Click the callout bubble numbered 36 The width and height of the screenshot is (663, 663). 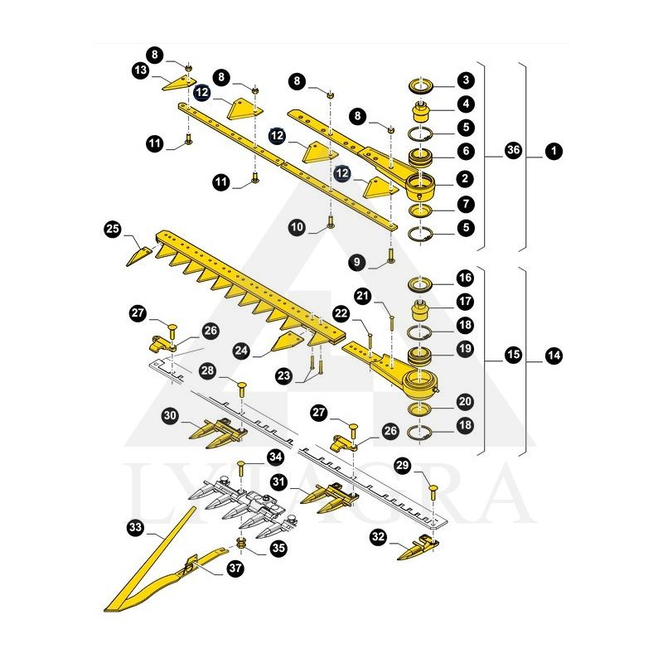click(x=513, y=150)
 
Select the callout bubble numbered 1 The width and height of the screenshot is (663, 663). click(x=554, y=151)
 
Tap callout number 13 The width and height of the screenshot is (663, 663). click(x=141, y=70)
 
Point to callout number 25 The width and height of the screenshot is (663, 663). click(x=113, y=230)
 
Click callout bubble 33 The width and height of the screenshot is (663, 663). click(x=135, y=527)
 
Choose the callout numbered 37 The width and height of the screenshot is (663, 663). click(x=235, y=568)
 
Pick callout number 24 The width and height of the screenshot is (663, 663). click(x=241, y=351)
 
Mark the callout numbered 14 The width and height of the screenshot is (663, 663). click(x=554, y=356)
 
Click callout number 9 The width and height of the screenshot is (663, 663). click(x=357, y=262)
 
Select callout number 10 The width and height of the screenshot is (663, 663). click(x=297, y=227)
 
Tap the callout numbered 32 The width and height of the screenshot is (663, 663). click(x=378, y=537)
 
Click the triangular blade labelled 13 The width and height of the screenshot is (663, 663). click(x=179, y=84)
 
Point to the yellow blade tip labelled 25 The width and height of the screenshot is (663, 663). click(x=139, y=256)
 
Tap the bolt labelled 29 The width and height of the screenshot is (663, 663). click(x=433, y=493)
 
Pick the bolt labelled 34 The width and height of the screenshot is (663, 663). click(x=241, y=468)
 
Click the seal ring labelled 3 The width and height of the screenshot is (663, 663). click(x=421, y=87)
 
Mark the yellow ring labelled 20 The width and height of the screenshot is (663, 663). click(x=419, y=409)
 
